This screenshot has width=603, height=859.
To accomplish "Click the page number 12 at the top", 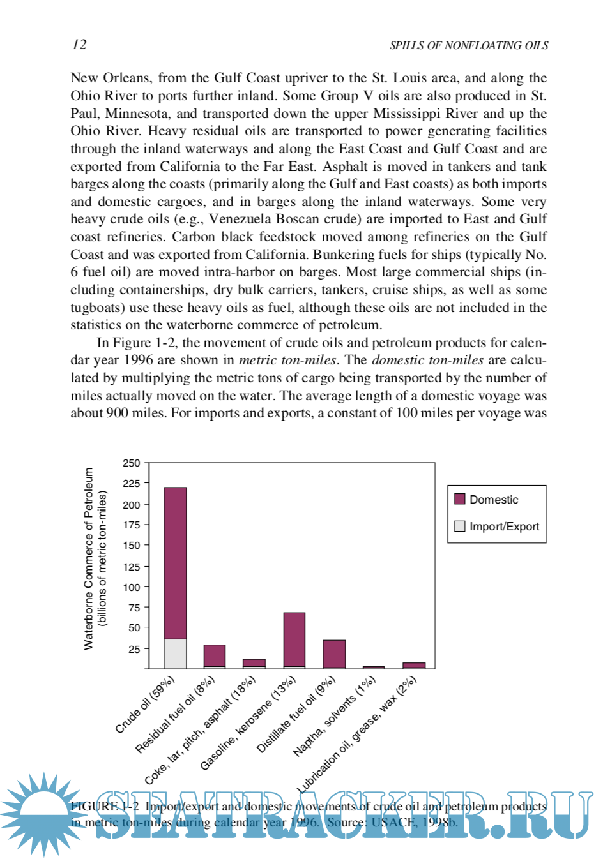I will pos(79,44).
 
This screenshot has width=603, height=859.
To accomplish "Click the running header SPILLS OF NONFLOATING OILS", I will pos(468,45).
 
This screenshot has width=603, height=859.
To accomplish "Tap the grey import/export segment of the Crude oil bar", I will pos(175,654).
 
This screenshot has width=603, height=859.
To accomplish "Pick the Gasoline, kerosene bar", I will pos(294,640).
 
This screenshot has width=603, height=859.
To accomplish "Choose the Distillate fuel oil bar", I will pos(333,654).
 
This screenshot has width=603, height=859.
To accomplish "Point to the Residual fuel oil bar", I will pos(214,656).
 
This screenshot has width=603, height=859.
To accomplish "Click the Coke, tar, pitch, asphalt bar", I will pos(254,664).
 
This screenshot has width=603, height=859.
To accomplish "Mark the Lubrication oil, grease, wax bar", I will pos(413,666).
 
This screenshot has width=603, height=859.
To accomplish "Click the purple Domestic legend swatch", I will pos(459,499).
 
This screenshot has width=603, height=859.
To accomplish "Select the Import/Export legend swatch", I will pos(459,527).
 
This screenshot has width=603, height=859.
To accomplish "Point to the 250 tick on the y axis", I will pos(132,463).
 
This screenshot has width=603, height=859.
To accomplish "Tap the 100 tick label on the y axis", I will pos(132,587).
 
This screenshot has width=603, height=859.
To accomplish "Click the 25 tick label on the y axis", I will pos(134,649).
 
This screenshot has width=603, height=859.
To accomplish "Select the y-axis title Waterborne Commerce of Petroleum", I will pos(89,558).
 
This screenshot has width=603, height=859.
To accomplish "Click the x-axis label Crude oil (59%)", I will pos(144,705).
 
